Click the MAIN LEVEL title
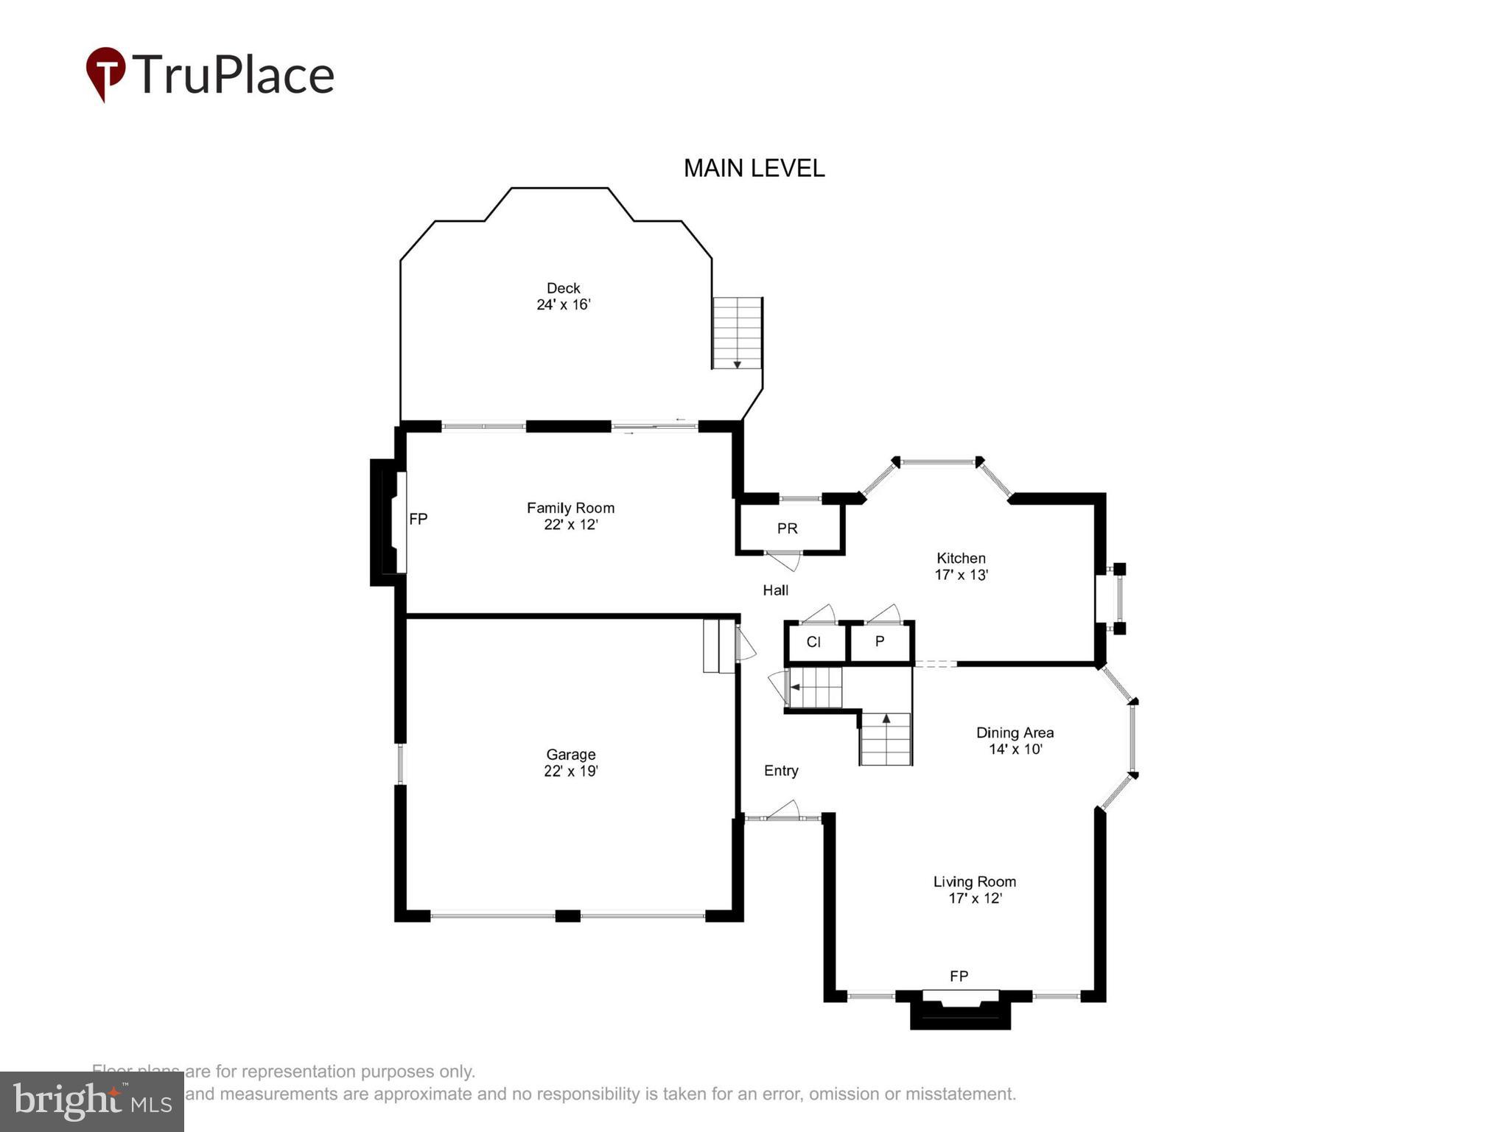click(754, 168)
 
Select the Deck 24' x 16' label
click(563, 296)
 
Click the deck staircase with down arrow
click(737, 333)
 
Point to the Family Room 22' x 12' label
click(570, 516)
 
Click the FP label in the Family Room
click(418, 519)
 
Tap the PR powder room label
click(787, 528)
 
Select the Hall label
click(775, 590)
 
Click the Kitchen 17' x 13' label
click(961, 566)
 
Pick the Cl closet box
click(815, 642)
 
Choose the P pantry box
click(880, 642)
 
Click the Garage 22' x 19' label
click(570, 762)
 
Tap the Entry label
click(781, 770)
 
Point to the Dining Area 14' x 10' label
click(1015, 741)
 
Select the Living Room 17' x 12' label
click(974, 890)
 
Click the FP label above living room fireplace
click(959, 976)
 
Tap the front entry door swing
click(784, 809)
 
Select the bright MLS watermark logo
click(92, 1101)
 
